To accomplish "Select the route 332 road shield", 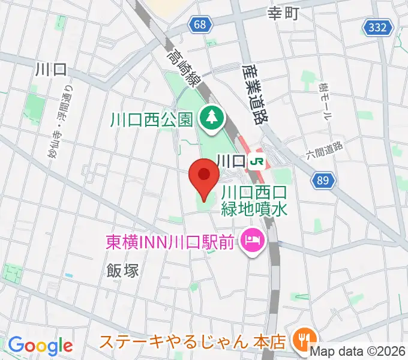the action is click(378, 27).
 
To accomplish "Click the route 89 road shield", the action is click(323, 179).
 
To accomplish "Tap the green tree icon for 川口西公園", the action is click(211, 117).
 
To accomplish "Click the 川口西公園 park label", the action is click(152, 119).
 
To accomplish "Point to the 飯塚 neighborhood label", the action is click(124, 270).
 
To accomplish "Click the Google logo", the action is click(40, 345).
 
